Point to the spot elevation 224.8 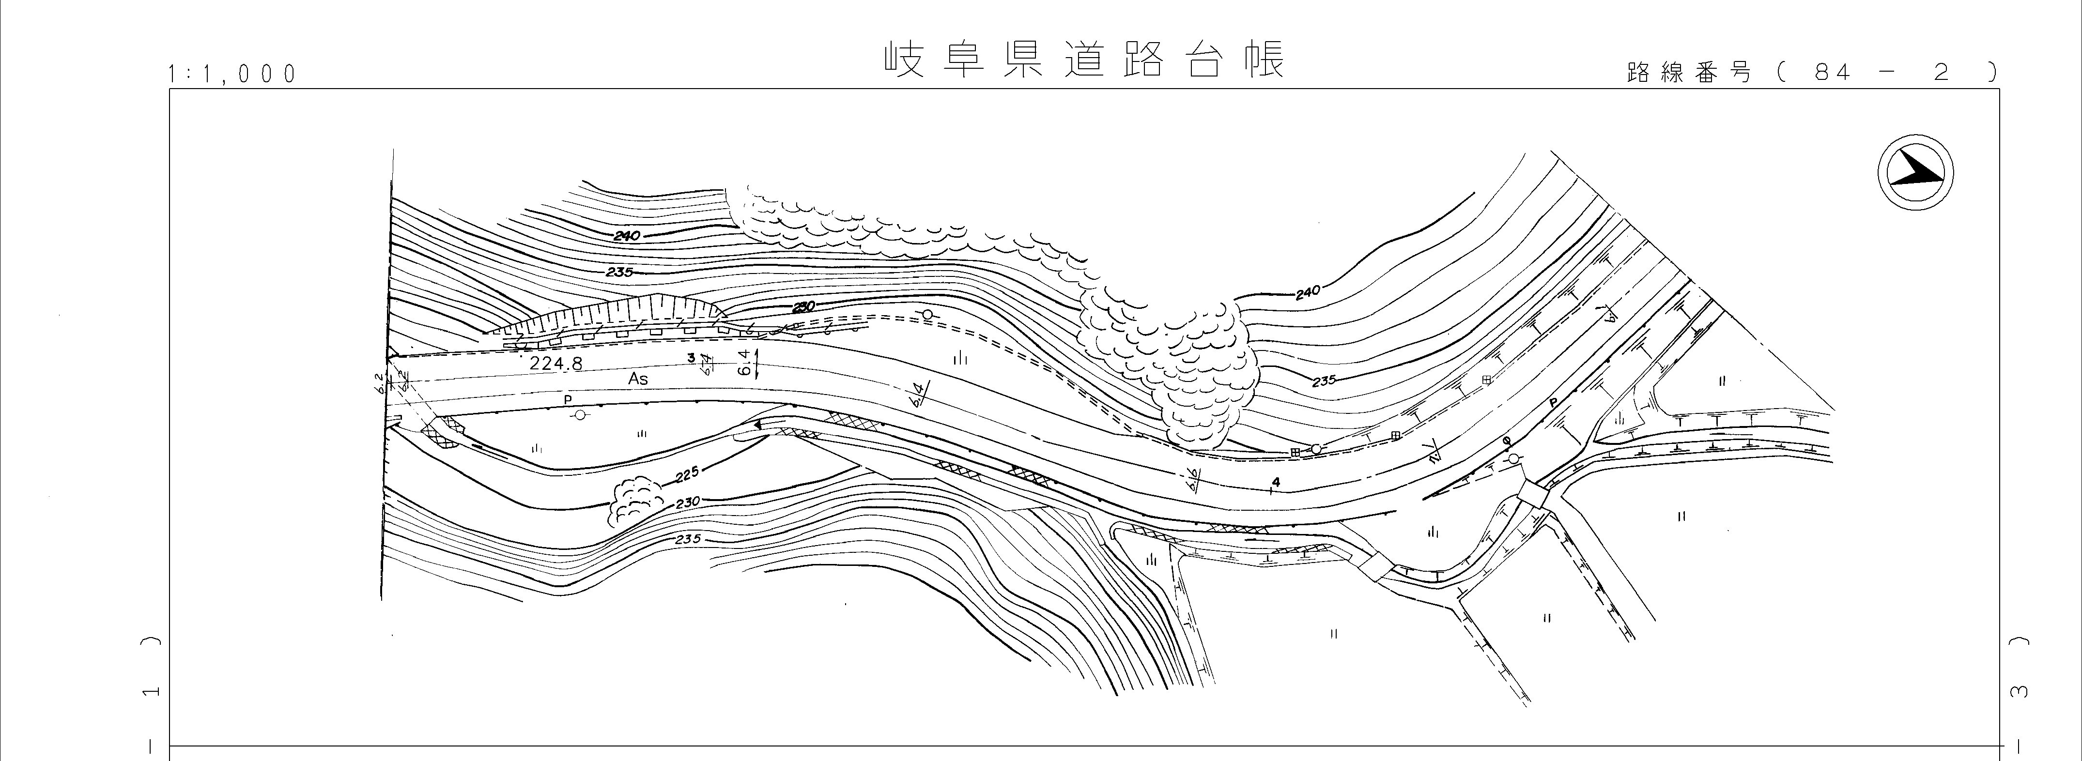(555, 364)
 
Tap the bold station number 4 (1275, 482)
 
